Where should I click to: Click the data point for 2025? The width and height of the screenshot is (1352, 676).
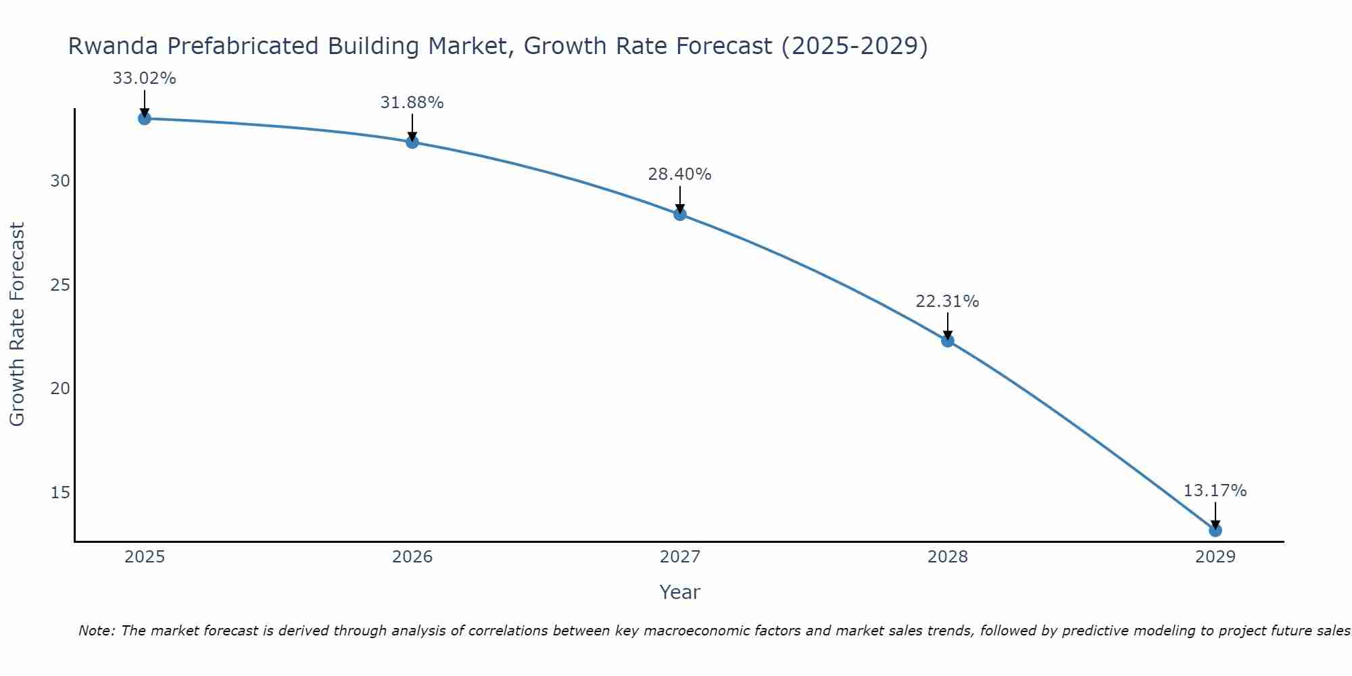(x=144, y=119)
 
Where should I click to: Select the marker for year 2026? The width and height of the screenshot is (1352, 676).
(x=412, y=142)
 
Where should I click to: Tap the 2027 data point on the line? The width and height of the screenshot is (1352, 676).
(x=680, y=214)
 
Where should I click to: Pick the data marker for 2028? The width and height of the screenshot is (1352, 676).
(x=948, y=341)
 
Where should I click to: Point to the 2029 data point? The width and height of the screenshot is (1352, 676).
(x=1215, y=530)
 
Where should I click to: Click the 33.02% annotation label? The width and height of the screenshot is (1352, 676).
(x=144, y=78)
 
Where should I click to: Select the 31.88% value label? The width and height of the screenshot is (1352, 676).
(x=412, y=103)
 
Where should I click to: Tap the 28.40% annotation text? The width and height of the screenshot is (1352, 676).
(x=679, y=174)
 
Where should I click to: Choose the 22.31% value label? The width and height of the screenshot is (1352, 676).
(x=947, y=301)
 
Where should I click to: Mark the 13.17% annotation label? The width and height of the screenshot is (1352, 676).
(x=1215, y=491)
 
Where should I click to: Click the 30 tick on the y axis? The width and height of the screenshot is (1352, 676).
(x=61, y=181)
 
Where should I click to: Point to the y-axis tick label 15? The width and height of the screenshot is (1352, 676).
(x=61, y=492)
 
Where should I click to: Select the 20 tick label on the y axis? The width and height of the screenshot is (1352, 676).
(x=61, y=389)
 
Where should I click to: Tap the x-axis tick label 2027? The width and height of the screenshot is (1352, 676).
(x=680, y=557)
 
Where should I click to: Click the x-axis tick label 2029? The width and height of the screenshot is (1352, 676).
(x=1215, y=557)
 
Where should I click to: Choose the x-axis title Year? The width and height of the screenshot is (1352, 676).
(x=679, y=592)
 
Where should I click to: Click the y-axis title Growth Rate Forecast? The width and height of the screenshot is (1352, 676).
(x=18, y=324)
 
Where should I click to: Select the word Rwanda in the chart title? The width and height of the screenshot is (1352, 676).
(x=112, y=47)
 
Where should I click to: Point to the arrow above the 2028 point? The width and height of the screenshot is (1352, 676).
(x=948, y=325)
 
